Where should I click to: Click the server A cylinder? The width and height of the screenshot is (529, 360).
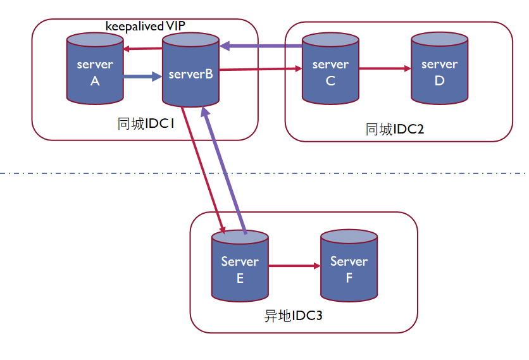click(95, 68)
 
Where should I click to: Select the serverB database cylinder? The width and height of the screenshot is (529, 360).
click(190, 70)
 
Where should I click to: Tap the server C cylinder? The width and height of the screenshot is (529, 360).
click(330, 68)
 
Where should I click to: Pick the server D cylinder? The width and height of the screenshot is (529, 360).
click(439, 68)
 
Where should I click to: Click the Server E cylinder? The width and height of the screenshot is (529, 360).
click(240, 266)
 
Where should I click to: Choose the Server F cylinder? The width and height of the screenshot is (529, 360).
click(349, 265)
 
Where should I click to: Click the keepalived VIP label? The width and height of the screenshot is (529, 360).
click(145, 26)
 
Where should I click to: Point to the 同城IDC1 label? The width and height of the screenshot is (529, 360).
click(146, 124)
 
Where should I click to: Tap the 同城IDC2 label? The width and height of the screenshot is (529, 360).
click(394, 129)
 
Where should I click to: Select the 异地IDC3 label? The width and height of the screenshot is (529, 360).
click(293, 316)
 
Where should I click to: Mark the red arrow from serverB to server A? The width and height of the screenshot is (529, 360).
click(143, 49)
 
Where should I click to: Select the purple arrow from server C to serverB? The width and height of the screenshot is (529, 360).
click(261, 46)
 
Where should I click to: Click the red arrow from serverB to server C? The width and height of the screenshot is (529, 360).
click(261, 69)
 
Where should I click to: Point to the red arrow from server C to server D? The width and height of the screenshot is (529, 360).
click(385, 68)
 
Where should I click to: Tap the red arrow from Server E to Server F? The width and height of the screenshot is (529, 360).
click(294, 266)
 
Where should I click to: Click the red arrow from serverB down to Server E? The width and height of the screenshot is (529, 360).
click(203, 170)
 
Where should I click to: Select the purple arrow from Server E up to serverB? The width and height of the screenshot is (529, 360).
click(223, 170)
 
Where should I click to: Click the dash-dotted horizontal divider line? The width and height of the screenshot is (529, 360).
click(264, 173)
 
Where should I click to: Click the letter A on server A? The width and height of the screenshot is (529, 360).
click(95, 81)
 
